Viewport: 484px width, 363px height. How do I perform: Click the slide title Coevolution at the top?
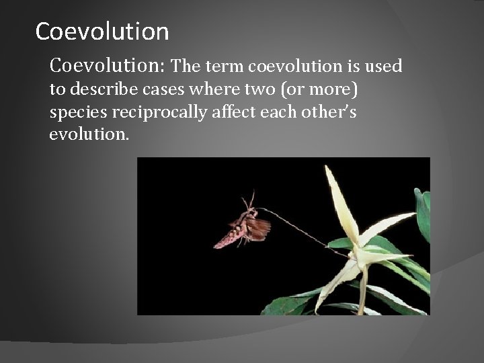coord(102,31)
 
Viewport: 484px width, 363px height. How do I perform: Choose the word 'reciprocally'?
coord(149,113)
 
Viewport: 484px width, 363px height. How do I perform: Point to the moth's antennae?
coord(247,200)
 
